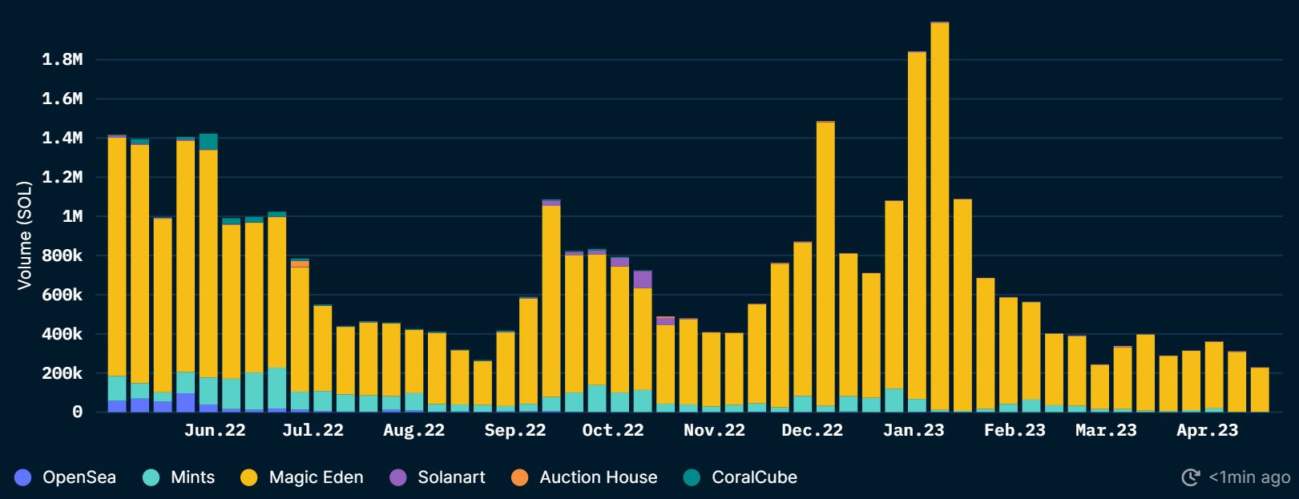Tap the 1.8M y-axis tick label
63,60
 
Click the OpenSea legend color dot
23,478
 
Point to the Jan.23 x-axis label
914,431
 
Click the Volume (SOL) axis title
25,236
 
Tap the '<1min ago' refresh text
1249,477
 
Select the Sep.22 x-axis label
515,431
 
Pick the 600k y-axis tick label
63,296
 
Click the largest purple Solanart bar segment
643,280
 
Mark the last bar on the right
1260,390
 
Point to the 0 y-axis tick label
77,412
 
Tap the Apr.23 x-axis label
1207,431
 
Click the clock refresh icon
1191,478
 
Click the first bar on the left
117,256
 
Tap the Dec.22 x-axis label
812,431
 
